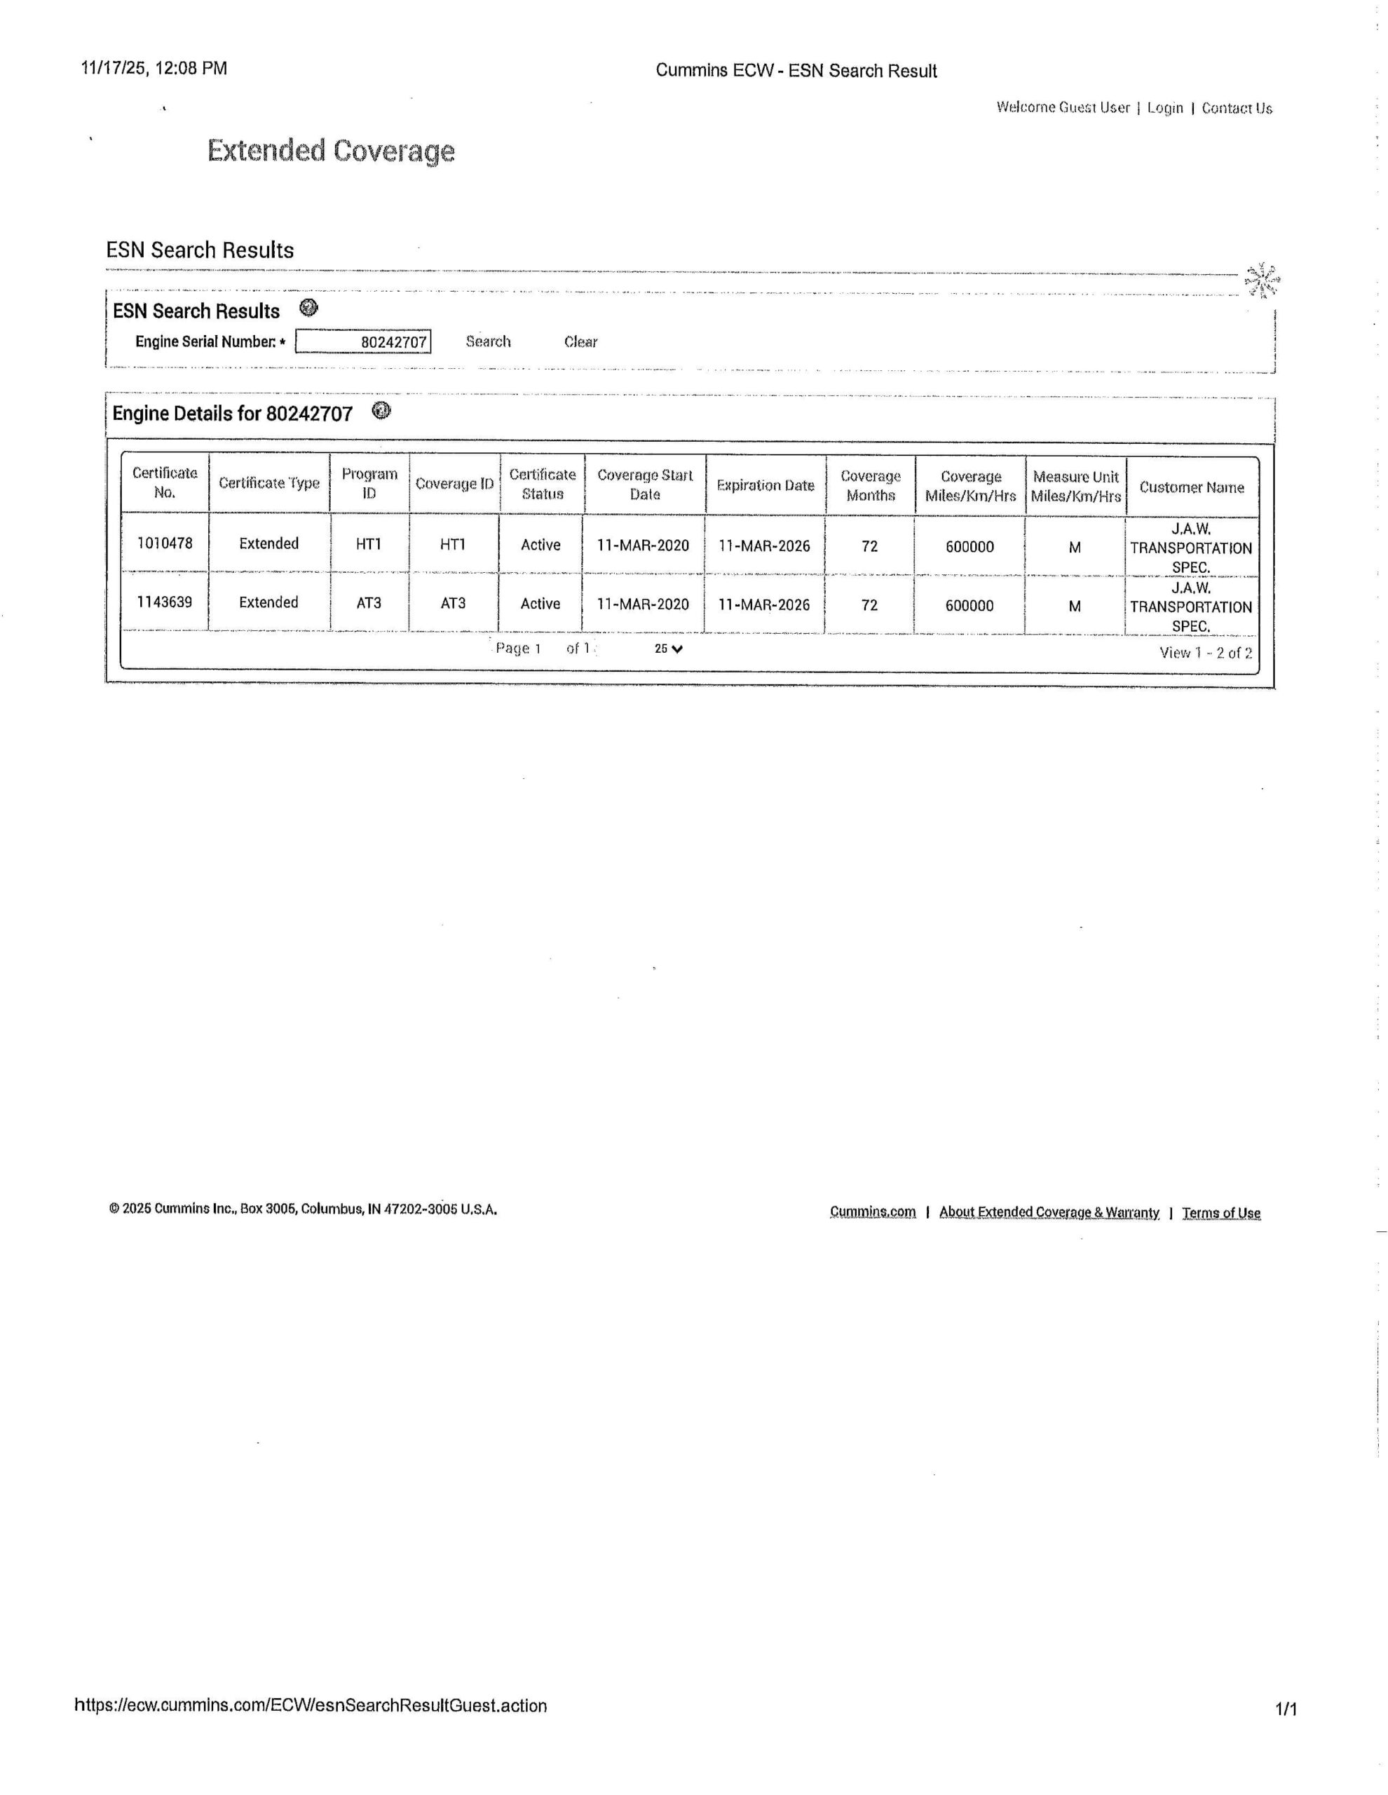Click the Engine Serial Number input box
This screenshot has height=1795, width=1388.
pos(362,341)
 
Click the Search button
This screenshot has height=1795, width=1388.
pos(488,341)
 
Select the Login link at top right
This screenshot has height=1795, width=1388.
pos(1164,108)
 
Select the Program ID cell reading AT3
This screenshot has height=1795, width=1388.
pos(368,602)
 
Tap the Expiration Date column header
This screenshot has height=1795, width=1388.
pos(765,485)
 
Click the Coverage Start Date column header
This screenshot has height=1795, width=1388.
pos(644,484)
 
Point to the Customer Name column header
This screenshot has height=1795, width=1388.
pos(1191,487)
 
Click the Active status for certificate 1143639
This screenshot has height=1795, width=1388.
pos(540,603)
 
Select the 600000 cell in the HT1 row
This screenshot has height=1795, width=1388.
pos(969,546)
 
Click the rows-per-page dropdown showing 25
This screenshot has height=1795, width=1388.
pos(668,649)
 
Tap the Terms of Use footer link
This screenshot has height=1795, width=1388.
pos(1220,1212)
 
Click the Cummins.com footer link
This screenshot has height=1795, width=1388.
pos(872,1212)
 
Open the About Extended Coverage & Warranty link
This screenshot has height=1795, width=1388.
pos(1049,1212)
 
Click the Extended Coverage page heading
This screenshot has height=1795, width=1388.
pos(330,151)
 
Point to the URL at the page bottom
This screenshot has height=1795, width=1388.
pos(311,1705)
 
